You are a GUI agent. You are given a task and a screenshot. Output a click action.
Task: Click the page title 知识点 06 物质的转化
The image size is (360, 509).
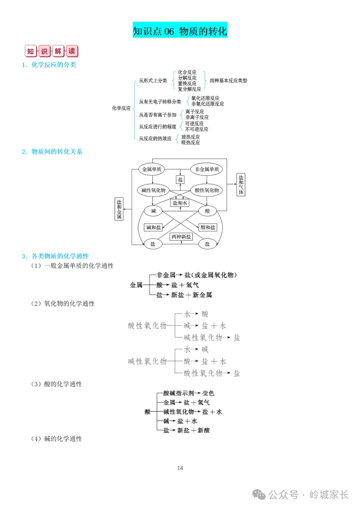pyautogui.click(x=180, y=31)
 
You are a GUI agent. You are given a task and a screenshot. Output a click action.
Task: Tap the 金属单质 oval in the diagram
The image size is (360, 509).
pyautogui.click(x=152, y=169)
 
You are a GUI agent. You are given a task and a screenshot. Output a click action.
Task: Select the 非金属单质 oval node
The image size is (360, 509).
pyautogui.click(x=207, y=169)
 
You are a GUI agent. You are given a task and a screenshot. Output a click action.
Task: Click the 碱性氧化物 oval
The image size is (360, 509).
pyautogui.click(x=153, y=190)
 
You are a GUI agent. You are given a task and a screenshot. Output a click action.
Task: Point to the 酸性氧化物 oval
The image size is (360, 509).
pyautogui.click(x=207, y=190)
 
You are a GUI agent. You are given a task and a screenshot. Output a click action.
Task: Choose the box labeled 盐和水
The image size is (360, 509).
pyautogui.click(x=180, y=203)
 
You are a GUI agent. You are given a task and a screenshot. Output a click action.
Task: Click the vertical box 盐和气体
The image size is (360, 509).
pyautogui.click(x=241, y=185)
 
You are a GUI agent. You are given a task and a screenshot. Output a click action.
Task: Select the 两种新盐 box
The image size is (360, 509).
pyautogui.click(x=181, y=237)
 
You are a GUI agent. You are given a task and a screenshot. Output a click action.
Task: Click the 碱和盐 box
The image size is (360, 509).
pyautogui.click(x=153, y=227)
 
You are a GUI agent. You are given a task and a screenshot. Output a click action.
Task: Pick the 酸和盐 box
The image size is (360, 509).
pyautogui.click(x=208, y=227)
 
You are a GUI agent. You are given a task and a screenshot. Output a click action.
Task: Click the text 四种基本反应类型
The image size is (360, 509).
pyautogui.click(x=228, y=81)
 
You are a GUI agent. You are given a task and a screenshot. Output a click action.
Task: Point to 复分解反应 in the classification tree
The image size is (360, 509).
pyautogui.click(x=189, y=89)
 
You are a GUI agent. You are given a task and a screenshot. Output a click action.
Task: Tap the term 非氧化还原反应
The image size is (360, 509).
pyautogui.click(x=207, y=104)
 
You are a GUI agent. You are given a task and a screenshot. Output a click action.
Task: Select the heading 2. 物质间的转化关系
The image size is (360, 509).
pyautogui.click(x=52, y=152)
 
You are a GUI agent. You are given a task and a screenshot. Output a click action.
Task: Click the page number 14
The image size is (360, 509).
pyautogui.click(x=180, y=468)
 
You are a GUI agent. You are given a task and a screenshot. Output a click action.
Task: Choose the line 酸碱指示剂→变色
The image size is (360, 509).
pyautogui.click(x=189, y=393)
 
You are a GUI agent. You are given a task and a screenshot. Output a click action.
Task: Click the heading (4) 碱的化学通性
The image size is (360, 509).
pyautogui.click(x=56, y=439)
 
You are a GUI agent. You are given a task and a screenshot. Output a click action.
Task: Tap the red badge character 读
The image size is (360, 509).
pyautogui.click(x=72, y=51)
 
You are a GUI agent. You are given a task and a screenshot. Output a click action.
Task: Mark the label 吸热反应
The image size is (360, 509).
pyautogui.click(x=191, y=143)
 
